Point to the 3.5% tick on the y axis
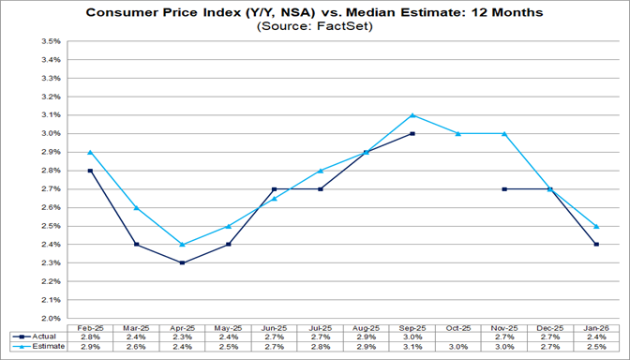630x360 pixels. pos(49,42)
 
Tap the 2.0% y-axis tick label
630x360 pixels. pos(49,318)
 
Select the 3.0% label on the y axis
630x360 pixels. pos(49,134)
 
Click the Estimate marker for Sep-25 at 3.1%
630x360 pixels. pos(412,115)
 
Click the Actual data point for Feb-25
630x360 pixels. pos(90,171)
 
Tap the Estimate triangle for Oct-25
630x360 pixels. pos(457,134)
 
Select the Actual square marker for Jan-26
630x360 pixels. pos(596,245)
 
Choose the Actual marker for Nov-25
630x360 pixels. pos(505,189)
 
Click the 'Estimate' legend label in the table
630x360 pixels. pos(45,347)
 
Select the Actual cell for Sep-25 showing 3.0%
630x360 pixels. pos(412,336)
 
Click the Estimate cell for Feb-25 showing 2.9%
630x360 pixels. pos(90,347)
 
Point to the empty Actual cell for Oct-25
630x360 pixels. pos(457,336)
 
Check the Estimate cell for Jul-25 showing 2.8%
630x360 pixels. pos(320,347)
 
